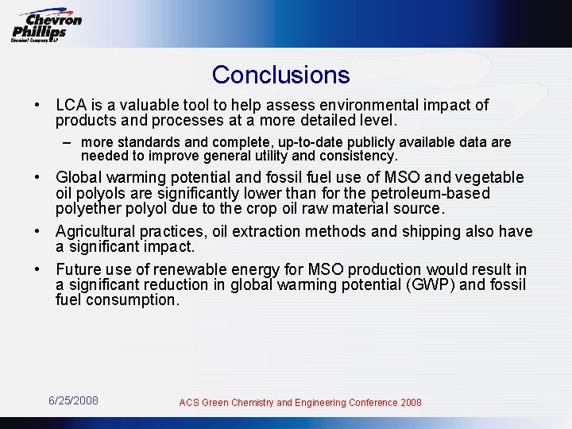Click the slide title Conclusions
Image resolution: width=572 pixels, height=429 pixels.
point(280,75)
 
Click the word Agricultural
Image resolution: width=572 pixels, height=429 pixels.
point(95,232)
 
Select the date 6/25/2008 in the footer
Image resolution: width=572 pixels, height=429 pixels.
point(74,400)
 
